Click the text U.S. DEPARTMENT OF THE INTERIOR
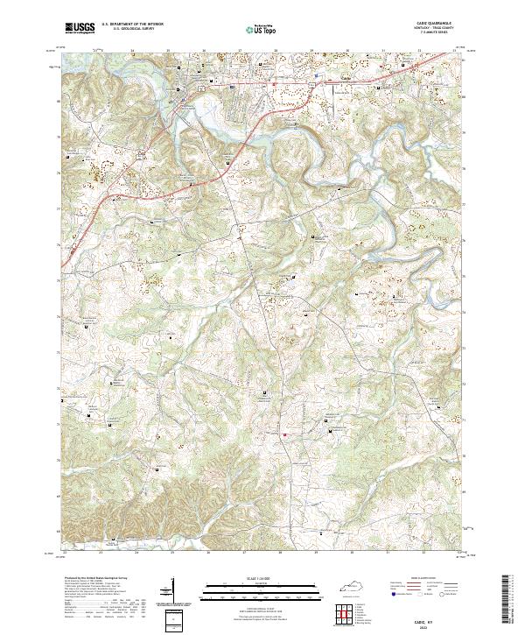click(132, 25)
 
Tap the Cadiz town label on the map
click(344, 79)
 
